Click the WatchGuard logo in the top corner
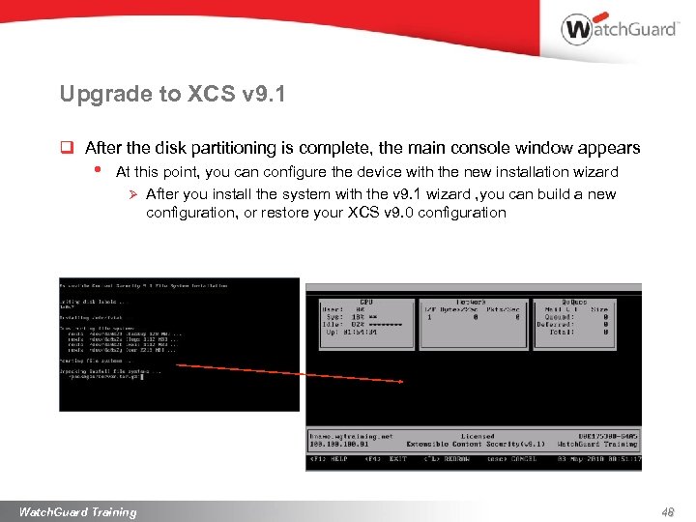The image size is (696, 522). [x=619, y=29]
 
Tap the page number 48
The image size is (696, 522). [x=667, y=511]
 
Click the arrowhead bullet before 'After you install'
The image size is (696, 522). [x=135, y=194]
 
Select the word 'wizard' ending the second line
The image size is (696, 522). [x=596, y=171]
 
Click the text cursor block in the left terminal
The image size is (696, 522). [x=142, y=376]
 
